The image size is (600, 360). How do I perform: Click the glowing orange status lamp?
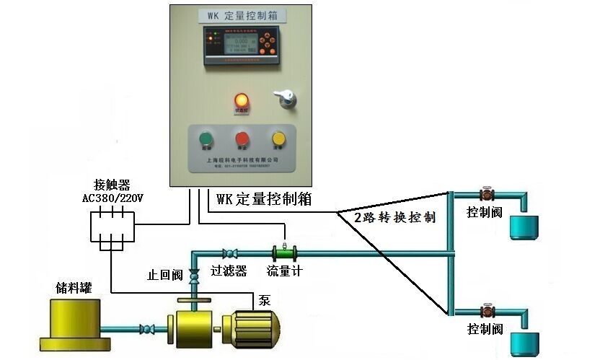click(x=242, y=100)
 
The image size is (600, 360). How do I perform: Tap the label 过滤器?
click(x=229, y=271)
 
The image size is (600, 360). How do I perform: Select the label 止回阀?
click(x=165, y=275)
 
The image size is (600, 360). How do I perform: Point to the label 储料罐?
click(x=74, y=288)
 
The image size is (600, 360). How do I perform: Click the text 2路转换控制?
click(x=394, y=218)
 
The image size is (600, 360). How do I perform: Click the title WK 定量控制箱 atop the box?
click(x=241, y=14)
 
